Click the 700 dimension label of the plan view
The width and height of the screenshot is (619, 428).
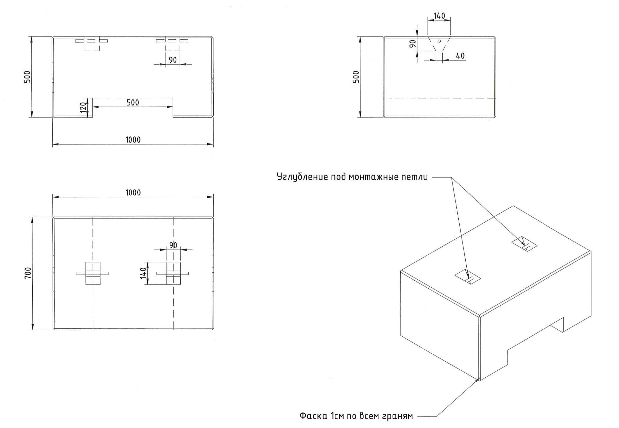[28, 273]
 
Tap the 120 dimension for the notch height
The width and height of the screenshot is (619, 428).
[83, 107]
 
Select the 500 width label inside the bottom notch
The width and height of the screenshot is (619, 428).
[133, 103]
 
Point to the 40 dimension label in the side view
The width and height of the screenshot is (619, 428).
[460, 56]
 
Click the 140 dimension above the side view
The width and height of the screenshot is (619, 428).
[439, 16]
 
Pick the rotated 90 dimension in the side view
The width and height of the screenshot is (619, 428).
[413, 44]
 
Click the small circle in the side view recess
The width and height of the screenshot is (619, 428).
[439, 41]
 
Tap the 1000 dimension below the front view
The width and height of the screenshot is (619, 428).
[133, 140]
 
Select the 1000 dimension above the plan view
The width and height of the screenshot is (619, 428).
[133, 193]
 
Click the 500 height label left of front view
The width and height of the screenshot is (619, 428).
[28, 77]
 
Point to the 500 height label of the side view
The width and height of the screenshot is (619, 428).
[356, 77]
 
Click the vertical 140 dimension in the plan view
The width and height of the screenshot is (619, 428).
[143, 273]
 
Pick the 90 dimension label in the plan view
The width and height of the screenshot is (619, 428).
[173, 245]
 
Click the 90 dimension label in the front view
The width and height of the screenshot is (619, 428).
[173, 60]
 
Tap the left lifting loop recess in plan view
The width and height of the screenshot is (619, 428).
[93, 273]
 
